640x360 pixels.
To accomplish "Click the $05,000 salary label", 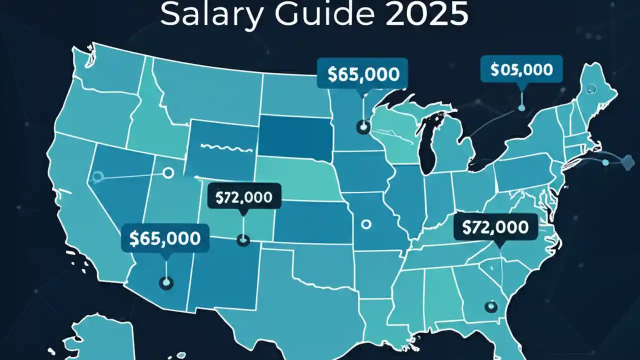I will (x=521, y=70).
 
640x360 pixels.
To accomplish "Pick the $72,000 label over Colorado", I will (x=243, y=197).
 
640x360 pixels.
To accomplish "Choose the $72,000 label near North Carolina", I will (x=495, y=227).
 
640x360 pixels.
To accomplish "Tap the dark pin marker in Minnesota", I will (x=362, y=127).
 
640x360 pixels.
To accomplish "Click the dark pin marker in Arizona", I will (x=165, y=283).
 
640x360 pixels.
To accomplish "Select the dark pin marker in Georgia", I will (x=490, y=305).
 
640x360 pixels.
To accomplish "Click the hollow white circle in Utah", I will (x=168, y=173).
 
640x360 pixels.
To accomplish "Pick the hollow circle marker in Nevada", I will (x=97, y=176).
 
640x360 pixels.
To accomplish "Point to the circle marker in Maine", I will (x=592, y=88).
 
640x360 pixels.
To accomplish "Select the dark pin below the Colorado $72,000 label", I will (x=243, y=240).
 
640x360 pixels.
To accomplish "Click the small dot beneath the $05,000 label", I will (x=522, y=107).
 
